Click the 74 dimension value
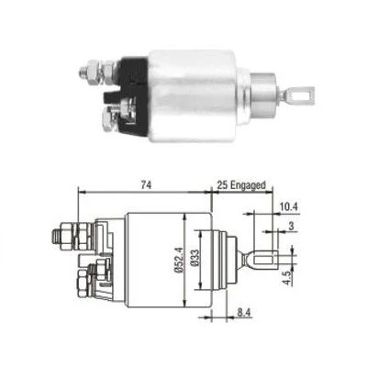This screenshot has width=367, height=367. pos(144,185)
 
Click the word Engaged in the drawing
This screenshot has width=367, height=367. pos(249,185)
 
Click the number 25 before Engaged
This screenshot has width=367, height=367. pos(223,185)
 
